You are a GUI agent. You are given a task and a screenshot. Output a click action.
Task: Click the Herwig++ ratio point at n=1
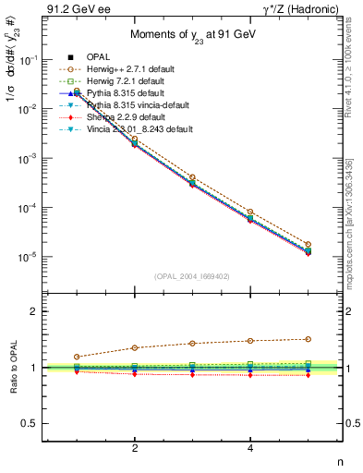(77, 357)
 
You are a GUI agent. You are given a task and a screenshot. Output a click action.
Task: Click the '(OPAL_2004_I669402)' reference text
(192, 275)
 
